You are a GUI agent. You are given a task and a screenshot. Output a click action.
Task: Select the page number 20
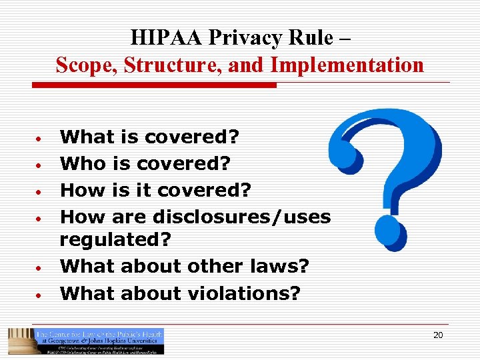(x=438, y=335)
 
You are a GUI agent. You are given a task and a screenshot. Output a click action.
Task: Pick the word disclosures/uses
(x=242, y=217)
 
